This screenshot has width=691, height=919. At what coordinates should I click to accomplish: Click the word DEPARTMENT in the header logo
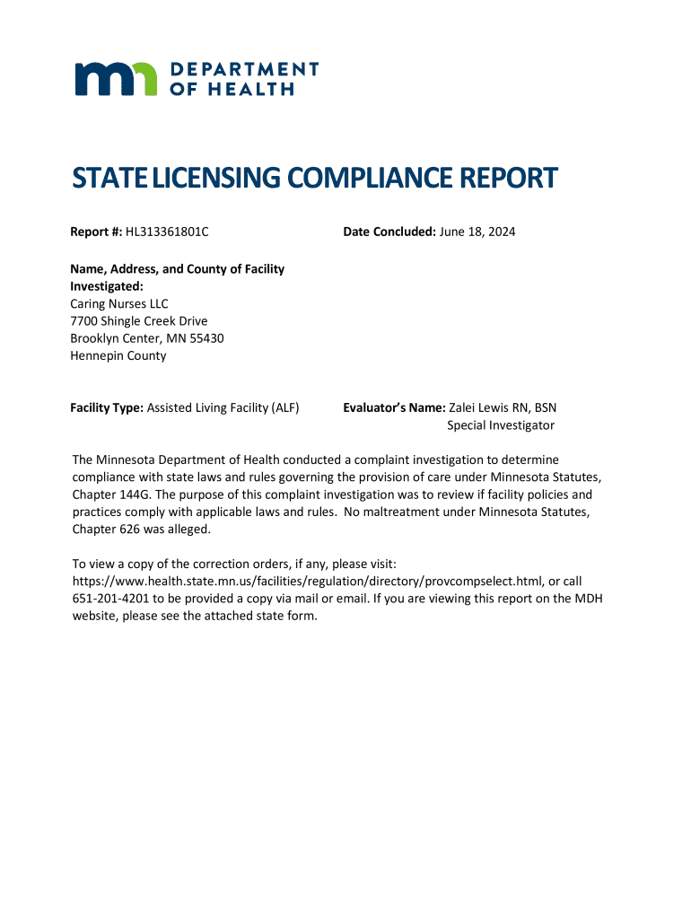pos(244,69)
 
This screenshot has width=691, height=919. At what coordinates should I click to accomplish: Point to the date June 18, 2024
pos(477,232)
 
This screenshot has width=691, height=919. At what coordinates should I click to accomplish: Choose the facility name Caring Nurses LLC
pos(119,304)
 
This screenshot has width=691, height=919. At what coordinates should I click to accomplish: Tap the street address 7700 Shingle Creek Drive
pos(139,321)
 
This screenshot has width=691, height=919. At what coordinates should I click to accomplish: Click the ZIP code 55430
pos(206,338)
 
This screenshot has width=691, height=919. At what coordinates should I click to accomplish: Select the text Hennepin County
pos(118,355)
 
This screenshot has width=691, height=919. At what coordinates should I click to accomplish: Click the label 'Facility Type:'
pos(107,408)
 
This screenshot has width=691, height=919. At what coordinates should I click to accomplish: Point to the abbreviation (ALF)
pos(285,408)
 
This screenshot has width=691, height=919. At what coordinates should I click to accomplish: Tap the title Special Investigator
pos(501,425)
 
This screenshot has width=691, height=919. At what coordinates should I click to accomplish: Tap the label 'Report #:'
pos(96,232)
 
